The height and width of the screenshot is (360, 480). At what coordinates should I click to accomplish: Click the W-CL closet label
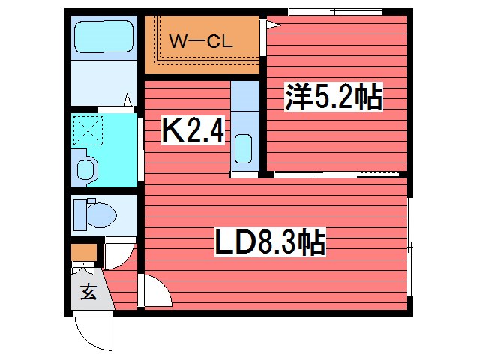[x=201, y=41]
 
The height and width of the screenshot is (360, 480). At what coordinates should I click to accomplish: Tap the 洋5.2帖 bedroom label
[x=334, y=97]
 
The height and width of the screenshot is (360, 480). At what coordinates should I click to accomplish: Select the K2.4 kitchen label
[x=193, y=130]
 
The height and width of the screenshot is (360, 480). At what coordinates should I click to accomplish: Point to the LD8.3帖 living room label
[x=270, y=242]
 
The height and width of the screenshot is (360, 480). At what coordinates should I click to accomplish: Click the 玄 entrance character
[x=88, y=292]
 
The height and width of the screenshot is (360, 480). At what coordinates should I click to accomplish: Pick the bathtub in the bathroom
[x=103, y=37]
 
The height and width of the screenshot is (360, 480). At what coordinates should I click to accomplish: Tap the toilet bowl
[x=101, y=214]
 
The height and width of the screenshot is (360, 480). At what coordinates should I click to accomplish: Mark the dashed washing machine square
[x=88, y=130]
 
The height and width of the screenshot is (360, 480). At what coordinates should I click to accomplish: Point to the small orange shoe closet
[x=84, y=252]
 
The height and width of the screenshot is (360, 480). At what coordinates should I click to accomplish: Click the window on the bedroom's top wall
[x=335, y=12]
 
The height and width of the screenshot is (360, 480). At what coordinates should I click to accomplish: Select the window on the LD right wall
[x=410, y=247]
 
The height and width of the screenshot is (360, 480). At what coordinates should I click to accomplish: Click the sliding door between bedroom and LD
[x=337, y=175]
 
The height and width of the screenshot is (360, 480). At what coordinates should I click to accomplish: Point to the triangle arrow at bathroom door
[x=127, y=100]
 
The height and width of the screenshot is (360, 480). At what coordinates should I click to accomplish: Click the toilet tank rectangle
[x=80, y=215]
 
